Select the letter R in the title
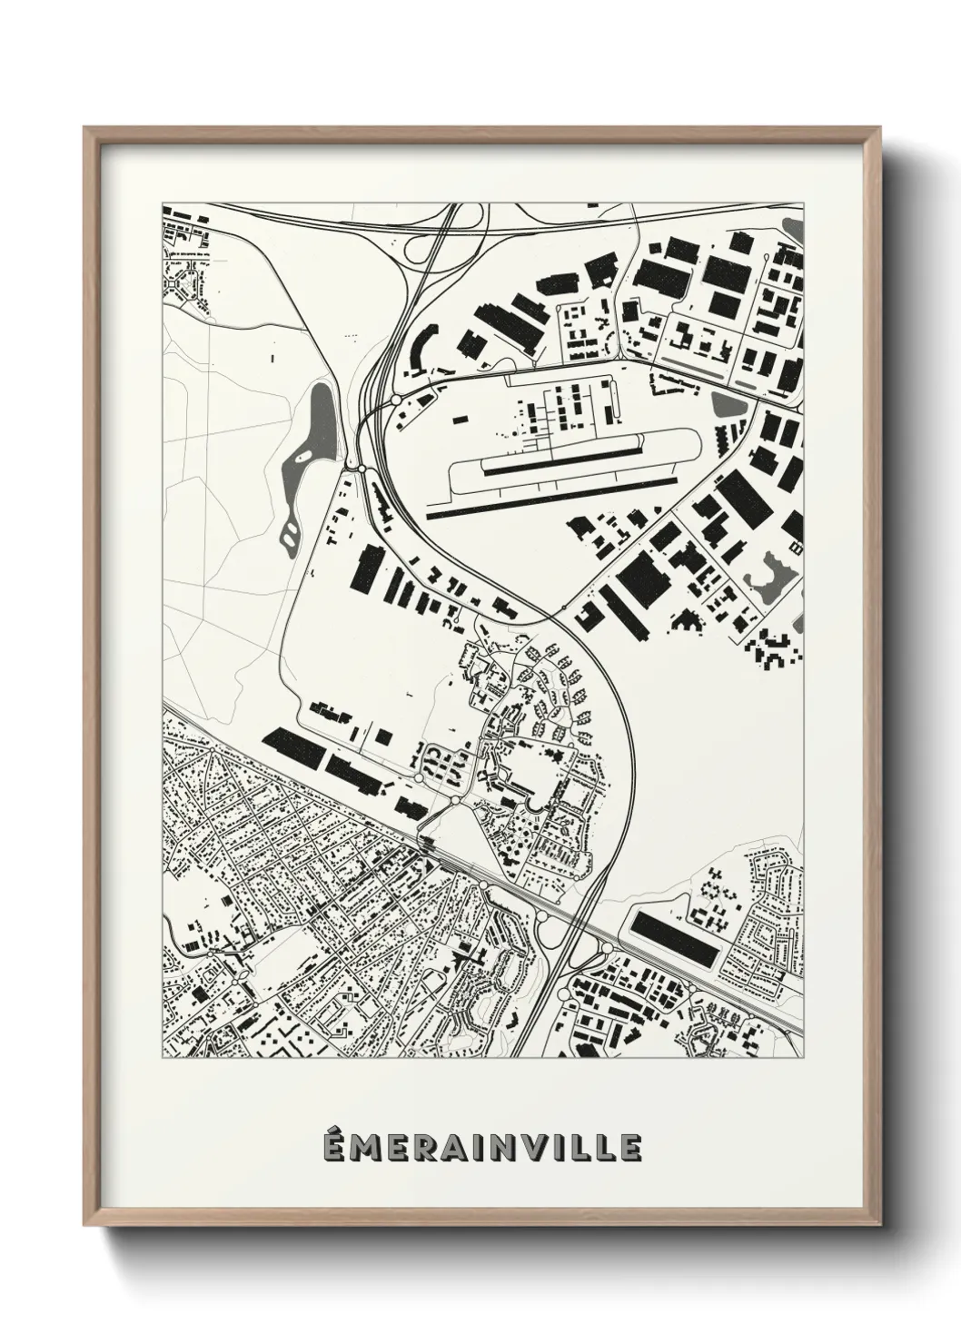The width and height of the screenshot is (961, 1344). coord(423,1146)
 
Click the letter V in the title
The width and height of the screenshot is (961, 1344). coord(533,1146)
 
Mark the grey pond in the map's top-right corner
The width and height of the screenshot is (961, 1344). coord(796,226)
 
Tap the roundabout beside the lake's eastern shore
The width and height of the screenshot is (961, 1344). coord(361,468)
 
